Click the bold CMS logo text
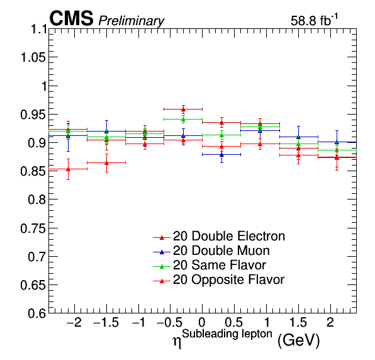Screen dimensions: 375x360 pyautogui.click(x=71, y=18)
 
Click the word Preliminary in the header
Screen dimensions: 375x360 pyautogui.click(x=132, y=21)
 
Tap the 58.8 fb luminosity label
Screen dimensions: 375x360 pyautogui.click(x=314, y=20)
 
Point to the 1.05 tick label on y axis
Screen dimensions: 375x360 pyautogui.click(x=33, y=57)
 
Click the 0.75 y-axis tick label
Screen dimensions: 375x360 pyautogui.click(x=33, y=228)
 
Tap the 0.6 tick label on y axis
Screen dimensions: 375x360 pyautogui.click(x=37, y=313)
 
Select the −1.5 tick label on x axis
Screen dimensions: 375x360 pyautogui.click(x=106, y=323)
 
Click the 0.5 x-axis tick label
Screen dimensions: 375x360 pyautogui.click(x=234, y=323)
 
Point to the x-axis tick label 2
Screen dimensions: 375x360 pyautogui.click(x=330, y=323)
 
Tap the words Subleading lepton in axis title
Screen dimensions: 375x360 pyautogui.click(x=227, y=334)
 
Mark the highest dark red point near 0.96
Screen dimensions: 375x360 pyautogui.click(x=183, y=110)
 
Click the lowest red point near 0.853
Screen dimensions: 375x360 pyautogui.click(x=68, y=169)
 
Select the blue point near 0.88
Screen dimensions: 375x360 pyautogui.click(x=221, y=155)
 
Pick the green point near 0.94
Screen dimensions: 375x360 pyautogui.click(x=183, y=120)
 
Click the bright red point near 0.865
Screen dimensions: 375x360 pyautogui.click(x=107, y=163)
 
